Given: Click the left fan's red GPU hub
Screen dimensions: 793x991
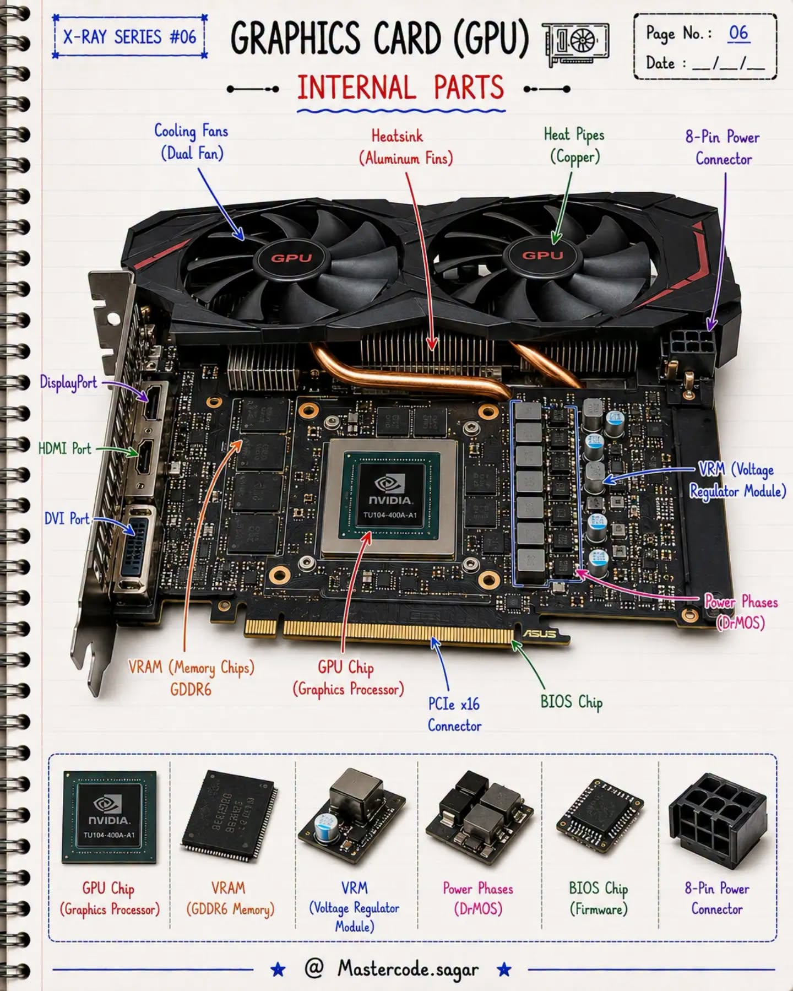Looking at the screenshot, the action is coord(291,258).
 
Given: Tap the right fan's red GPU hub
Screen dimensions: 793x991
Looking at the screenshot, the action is coord(543,255).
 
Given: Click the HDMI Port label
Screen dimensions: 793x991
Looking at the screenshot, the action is coord(64,448).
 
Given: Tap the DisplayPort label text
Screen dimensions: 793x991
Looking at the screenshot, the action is coord(68,382).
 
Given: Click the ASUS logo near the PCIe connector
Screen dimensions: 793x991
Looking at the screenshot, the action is coord(539,633).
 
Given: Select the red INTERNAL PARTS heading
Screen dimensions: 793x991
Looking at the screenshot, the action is coord(400,88).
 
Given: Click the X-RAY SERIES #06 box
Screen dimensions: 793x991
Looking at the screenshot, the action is coord(130,37).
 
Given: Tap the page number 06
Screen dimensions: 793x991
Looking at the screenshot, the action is coord(738,33).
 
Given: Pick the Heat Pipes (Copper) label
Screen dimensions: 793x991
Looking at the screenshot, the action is coord(574,145).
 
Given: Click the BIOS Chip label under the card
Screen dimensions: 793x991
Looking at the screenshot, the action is coord(571,702).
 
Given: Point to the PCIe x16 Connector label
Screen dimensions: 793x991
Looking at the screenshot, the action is coord(454,714).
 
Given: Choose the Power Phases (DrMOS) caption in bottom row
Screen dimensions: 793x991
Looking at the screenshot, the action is coord(477,898).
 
